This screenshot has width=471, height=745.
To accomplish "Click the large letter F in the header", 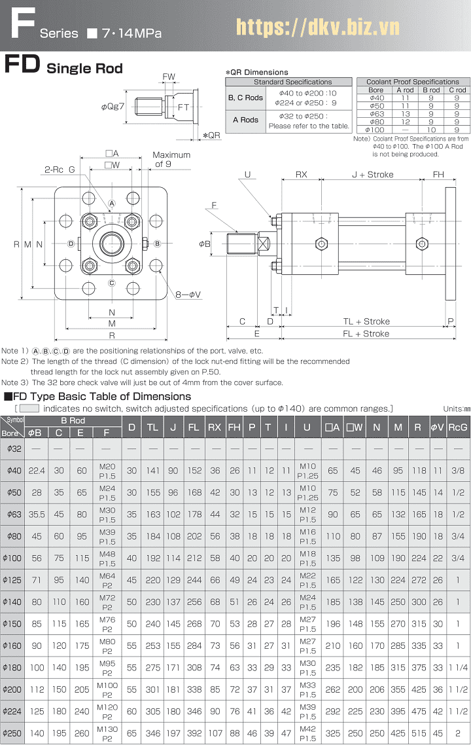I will coord(22,26).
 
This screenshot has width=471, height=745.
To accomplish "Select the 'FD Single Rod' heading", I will coord(63,67).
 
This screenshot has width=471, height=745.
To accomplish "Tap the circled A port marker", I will coord(112,204).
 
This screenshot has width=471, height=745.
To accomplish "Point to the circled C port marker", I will coord(112,283).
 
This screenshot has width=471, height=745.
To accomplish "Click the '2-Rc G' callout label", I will coord(59,170).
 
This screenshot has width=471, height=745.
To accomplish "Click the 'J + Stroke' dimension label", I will coord(373,175).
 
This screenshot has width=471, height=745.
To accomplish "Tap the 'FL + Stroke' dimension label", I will coord(366,334).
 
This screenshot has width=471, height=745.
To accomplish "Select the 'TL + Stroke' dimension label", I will coord(366,321).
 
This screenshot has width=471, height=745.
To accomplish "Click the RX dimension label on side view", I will coord(301,175).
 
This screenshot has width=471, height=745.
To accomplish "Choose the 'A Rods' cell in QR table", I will coord(245,120).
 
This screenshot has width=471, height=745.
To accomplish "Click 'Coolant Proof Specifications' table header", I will coord(412,82).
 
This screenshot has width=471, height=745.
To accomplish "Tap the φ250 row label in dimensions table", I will coord(12,733).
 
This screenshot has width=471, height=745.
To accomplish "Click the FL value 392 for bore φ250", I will coord(194,733).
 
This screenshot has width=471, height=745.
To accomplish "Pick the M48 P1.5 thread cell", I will coord(107,558).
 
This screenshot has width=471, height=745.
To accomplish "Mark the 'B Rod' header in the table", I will coord(73,420).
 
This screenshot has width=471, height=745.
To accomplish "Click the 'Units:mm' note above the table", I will coord(456,409).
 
